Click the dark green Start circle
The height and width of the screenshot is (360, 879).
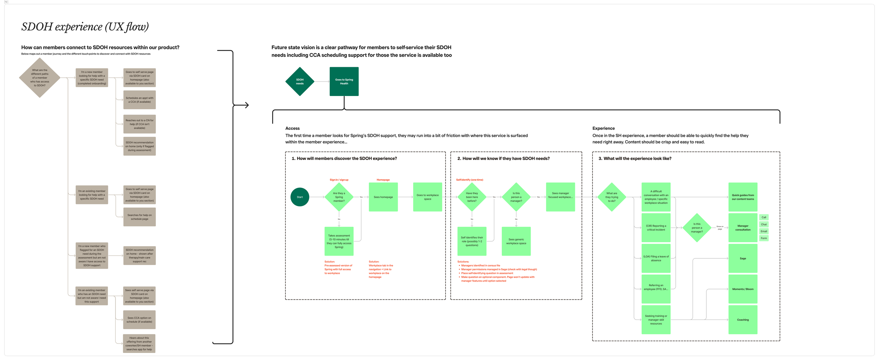coord(300,197)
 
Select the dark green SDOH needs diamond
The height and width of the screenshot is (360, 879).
coord(300,82)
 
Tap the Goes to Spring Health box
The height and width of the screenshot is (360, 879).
coord(344,82)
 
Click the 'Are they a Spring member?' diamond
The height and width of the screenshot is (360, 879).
coord(339,197)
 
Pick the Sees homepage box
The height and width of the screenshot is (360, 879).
coord(383,197)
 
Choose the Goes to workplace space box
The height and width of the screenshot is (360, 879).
coord(428,197)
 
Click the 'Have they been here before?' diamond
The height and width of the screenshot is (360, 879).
coord(472,197)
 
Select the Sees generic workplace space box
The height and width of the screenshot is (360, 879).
coord(516,241)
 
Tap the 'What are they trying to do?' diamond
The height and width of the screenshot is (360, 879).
coord(612,197)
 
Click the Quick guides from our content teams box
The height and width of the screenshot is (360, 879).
coord(743,197)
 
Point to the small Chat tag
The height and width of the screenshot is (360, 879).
coord(764,224)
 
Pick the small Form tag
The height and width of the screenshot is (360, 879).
coord(764,238)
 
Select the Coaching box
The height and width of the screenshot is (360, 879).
coord(743,320)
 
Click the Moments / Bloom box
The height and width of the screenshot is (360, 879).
coord(743,289)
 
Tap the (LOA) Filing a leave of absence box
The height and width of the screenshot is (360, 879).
coord(656,258)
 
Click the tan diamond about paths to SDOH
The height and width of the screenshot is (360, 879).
coord(40,78)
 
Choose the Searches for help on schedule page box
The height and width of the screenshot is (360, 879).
coord(140,217)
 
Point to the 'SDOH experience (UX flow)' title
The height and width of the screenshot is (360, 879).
coord(85,27)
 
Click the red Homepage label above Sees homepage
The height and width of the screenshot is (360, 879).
coord(383,180)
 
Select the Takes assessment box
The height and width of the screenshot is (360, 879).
coord(339,241)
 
